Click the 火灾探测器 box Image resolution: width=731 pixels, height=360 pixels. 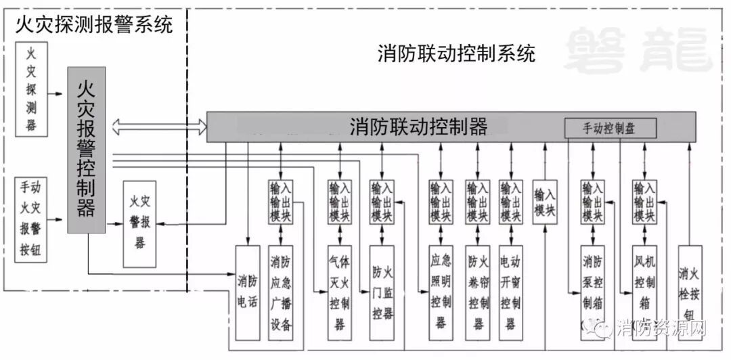(31, 89)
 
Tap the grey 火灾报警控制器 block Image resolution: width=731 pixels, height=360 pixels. (86, 150)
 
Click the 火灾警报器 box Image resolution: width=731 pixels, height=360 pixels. (139, 224)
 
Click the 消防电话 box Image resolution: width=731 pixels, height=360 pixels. (247, 292)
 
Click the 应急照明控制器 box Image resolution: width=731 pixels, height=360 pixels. (441, 292)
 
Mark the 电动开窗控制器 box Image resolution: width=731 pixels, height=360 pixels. (512, 292)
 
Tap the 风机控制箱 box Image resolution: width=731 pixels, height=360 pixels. (644, 292)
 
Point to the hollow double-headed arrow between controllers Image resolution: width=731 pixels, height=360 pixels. (160, 125)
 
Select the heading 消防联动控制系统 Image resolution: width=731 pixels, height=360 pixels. (456, 53)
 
